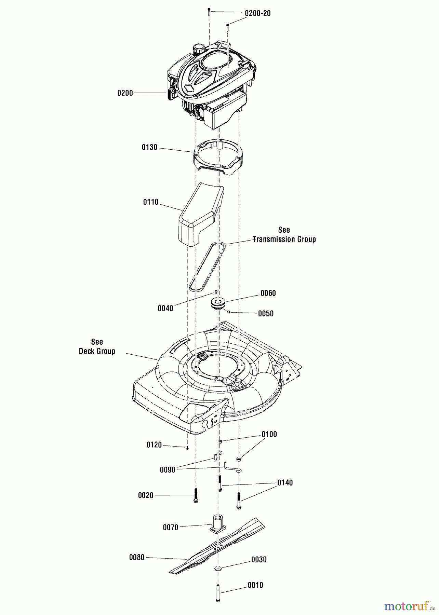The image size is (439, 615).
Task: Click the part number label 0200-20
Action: pyautogui.click(x=257, y=13)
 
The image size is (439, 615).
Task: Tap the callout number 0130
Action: pyautogui.click(x=149, y=147)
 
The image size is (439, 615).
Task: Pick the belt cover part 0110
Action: pyautogui.click(x=201, y=214)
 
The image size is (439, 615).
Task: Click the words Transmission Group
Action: pyautogui.click(x=284, y=239)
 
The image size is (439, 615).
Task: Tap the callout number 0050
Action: pyautogui.click(x=266, y=314)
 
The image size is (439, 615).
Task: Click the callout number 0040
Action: pyautogui.click(x=165, y=309)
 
